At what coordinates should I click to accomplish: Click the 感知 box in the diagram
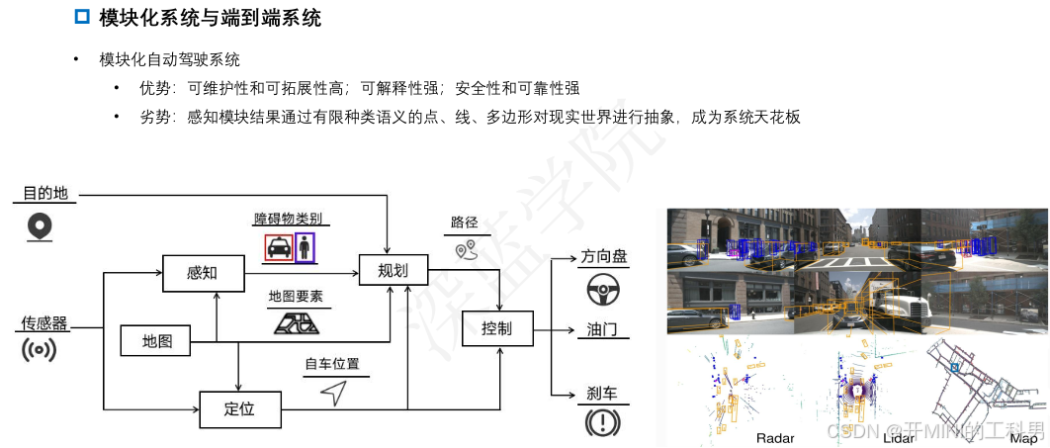coord(203,272)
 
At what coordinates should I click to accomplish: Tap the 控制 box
coord(496,328)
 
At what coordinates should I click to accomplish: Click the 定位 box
coord(239,409)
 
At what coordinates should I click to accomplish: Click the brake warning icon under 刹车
coord(601,422)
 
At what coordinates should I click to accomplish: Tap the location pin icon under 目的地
coord(40,226)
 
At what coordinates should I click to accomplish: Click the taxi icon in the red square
coord(279,247)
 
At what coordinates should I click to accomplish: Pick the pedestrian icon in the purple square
coord(306,247)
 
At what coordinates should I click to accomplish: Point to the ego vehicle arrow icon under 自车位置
coord(333,393)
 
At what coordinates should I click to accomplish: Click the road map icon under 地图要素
coord(295,322)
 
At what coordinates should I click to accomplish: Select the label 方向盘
coord(604,256)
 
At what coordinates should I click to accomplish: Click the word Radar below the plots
coord(775,438)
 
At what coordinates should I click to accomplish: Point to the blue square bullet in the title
coord(82,17)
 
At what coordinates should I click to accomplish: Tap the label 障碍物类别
coord(288,219)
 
